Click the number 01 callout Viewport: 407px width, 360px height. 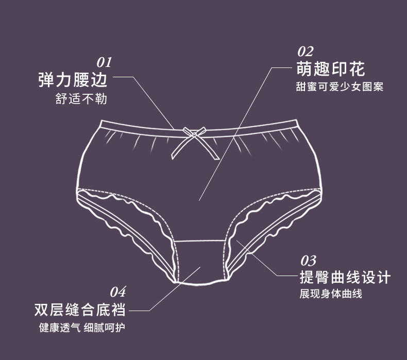104,63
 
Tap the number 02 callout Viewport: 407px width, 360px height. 305,52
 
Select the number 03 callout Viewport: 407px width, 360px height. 308,260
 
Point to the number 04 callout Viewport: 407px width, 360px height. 118,293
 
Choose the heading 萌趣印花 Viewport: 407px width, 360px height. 330,69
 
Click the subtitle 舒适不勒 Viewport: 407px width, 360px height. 81,99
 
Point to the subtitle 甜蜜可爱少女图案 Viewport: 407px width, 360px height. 340,87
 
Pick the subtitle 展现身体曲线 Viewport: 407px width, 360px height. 331,294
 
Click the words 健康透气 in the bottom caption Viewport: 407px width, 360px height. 59,328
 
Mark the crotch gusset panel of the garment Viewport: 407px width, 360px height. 201,263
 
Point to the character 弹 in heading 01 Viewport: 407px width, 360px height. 47,80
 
